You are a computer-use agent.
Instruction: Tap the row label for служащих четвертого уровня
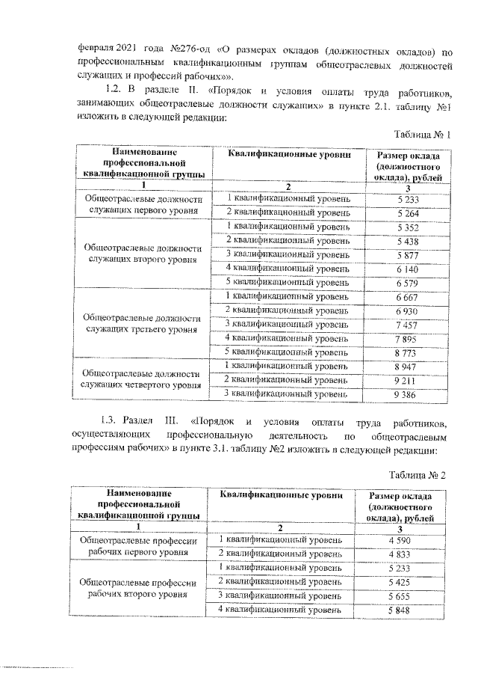click(143, 379)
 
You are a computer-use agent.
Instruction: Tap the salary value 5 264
click(407, 212)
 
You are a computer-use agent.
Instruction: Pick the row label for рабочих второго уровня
click(142, 589)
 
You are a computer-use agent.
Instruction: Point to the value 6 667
click(407, 297)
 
